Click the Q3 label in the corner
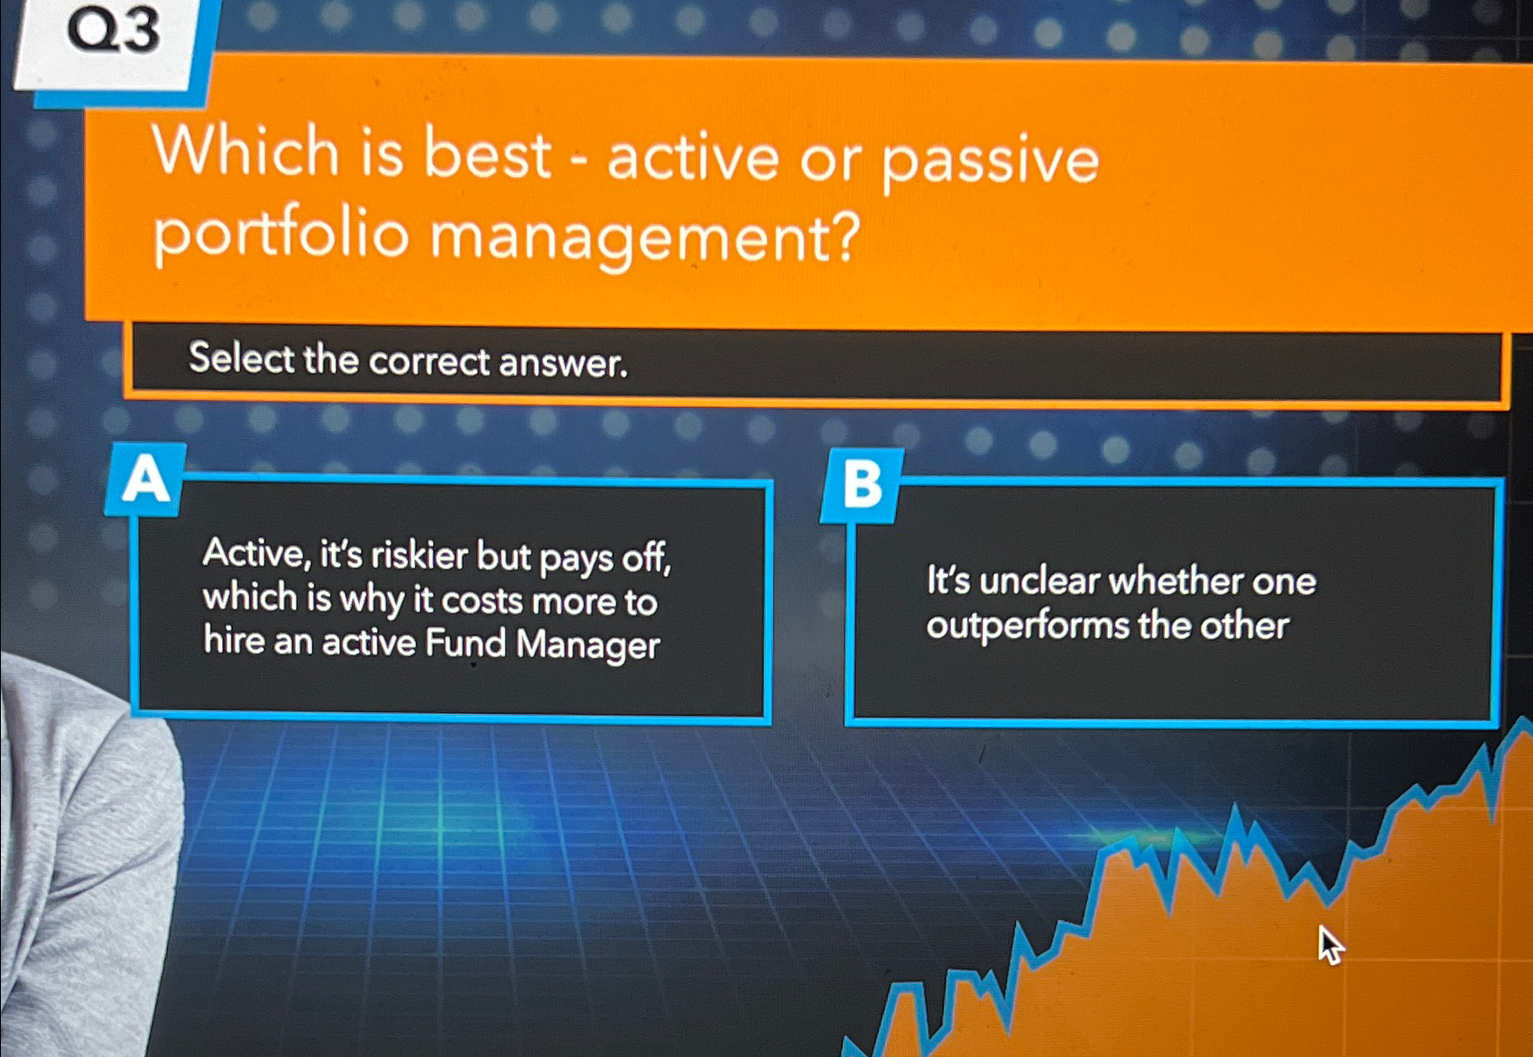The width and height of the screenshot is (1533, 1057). (114, 32)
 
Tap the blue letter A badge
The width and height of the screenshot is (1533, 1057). (146, 480)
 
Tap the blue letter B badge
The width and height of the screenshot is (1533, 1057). (862, 485)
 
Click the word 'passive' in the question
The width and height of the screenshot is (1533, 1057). (990, 161)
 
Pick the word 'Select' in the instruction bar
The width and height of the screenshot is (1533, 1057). (241, 358)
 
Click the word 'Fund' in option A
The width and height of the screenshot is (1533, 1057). (466, 643)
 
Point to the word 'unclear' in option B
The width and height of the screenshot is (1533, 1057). (1039, 581)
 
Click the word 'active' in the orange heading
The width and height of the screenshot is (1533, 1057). (692, 157)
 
